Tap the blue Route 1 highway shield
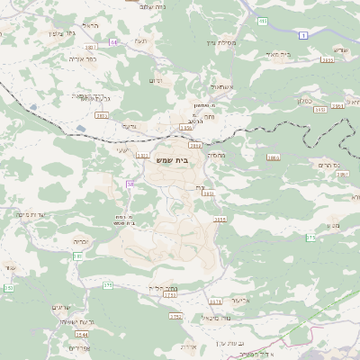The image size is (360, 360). pos(304,35)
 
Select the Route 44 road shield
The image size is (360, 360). pos(114,41)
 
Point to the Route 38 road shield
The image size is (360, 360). pos(130,184)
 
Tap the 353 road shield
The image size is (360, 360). pos(9,288)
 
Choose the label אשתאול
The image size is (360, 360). pos(221,86)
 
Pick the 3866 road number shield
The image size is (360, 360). pos(273,157)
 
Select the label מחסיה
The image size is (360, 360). pos(216,155)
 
